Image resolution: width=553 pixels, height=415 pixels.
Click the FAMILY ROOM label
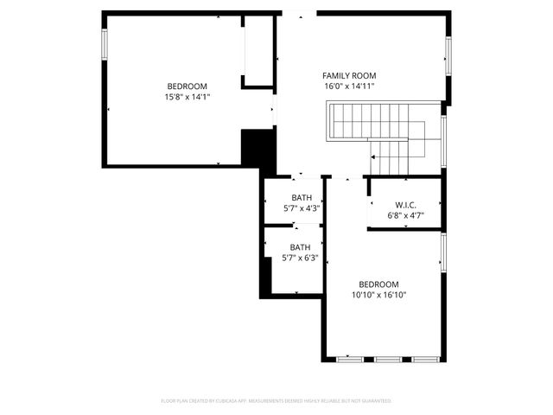tap(349, 76)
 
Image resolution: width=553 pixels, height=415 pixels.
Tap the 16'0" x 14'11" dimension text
tap(349, 87)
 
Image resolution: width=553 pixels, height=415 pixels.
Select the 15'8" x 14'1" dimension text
tap(188, 97)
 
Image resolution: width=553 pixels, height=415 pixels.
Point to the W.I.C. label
tap(406, 205)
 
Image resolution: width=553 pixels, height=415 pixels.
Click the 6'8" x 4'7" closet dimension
tap(406, 215)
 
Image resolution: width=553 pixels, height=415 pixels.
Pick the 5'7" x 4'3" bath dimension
tap(302, 208)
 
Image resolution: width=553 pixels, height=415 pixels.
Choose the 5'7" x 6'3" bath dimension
tap(301, 258)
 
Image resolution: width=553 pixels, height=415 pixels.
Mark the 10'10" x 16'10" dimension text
tap(378, 295)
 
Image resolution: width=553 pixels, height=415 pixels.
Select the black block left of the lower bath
tap(266, 275)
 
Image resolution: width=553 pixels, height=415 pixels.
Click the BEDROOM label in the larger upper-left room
tap(188, 86)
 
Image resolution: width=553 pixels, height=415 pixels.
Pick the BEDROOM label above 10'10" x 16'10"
tap(378, 284)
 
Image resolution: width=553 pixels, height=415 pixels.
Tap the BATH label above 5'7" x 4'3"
tap(302, 198)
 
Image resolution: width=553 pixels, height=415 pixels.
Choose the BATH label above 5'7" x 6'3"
tap(300, 247)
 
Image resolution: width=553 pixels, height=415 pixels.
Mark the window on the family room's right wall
tap(448, 59)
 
